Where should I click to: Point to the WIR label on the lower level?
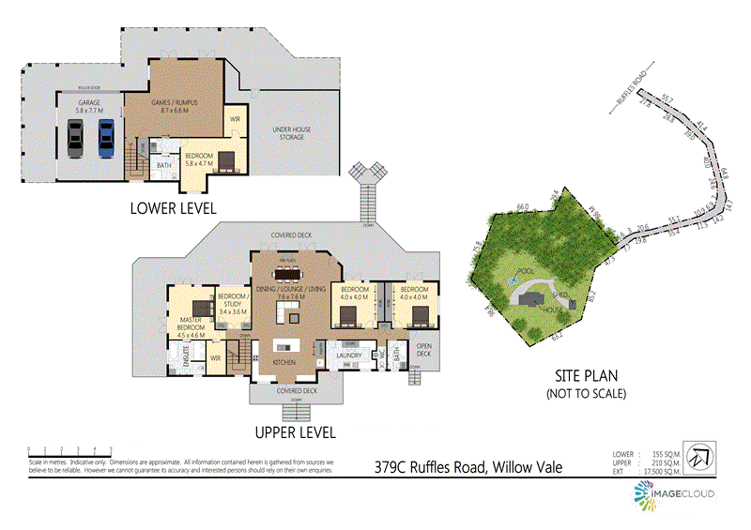[x=235, y=120]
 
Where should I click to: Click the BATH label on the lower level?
[x=163, y=165]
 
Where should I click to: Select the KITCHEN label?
[x=284, y=361]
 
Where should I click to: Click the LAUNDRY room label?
[x=349, y=356]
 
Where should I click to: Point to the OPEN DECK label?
[x=424, y=348]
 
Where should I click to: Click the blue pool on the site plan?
[x=513, y=279]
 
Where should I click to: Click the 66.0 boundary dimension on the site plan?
[x=523, y=206]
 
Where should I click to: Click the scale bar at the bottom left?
[x=70, y=450]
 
